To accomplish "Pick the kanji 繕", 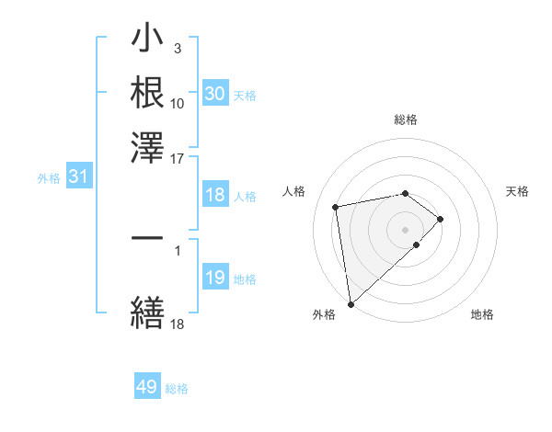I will tap(147, 311).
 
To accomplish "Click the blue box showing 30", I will tap(215, 94).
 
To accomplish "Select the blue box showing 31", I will tap(78, 176).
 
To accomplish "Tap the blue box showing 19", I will tap(215, 278).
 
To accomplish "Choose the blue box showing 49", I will tap(147, 387).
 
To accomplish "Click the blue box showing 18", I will tap(215, 195).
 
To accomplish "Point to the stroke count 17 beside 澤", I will tap(178, 158).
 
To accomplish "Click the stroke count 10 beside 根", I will tap(178, 103).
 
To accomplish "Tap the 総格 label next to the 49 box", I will tap(177, 389).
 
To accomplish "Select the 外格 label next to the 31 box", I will tap(48, 178).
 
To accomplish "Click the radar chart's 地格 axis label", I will tap(482, 314).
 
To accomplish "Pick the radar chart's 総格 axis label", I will tap(406, 119).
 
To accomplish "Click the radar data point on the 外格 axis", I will tap(351, 304).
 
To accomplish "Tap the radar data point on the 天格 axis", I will tap(441, 219).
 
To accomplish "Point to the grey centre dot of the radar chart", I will tap(406, 229).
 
